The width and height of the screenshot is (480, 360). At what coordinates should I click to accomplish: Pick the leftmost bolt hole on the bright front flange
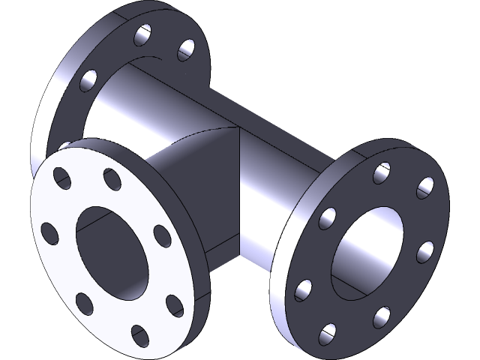pyautogui.click(x=51, y=233)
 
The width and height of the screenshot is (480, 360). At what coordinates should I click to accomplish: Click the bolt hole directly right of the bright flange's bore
pyautogui.click(x=162, y=235)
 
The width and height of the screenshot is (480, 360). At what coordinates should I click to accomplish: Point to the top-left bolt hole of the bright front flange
pyautogui.click(x=59, y=179)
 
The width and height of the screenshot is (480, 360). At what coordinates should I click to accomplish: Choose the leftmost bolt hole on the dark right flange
pyautogui.click(x=304, y=289)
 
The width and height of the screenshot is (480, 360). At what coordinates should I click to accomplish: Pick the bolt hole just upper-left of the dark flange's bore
pyautogui.click(x=328, y=217)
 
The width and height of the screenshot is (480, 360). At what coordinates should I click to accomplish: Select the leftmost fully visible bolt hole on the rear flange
pyautogui.click(x=88, y=80)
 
